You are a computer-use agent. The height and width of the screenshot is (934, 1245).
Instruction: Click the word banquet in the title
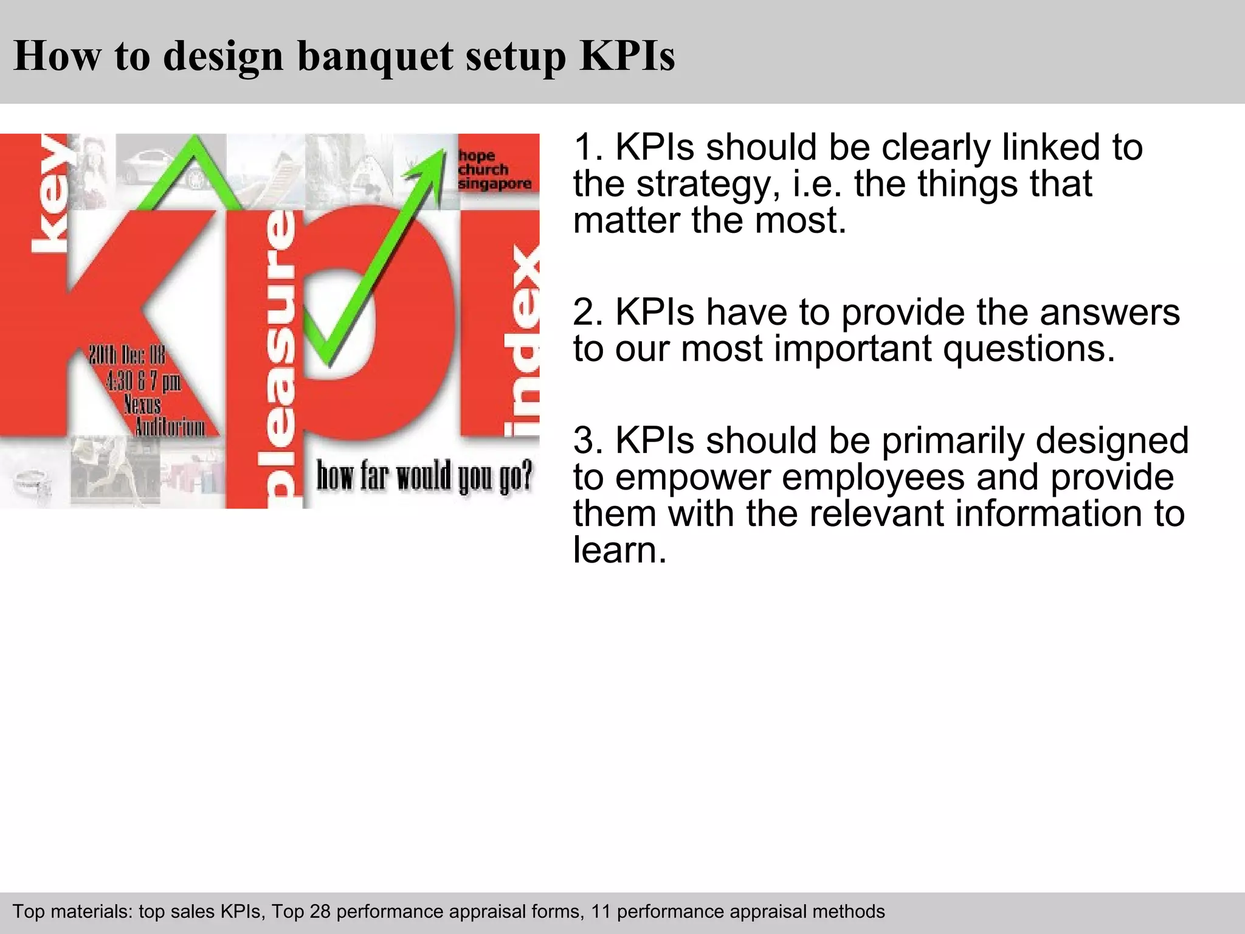(x=376, y=57)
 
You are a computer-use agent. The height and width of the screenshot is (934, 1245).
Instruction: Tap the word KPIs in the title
(x=627, y=55)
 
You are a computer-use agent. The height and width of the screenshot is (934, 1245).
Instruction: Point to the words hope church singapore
(x=494, y=170)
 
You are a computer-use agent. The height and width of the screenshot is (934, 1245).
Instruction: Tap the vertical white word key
(x=50, y=193)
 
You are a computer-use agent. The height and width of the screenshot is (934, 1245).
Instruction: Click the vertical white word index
(x=522, y=341)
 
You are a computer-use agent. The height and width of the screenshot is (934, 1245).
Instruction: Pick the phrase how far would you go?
(x=424, y=476)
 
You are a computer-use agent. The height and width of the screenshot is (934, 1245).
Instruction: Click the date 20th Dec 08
(x=127, y=355)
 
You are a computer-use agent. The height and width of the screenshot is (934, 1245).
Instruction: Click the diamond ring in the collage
(x=32, y=484)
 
